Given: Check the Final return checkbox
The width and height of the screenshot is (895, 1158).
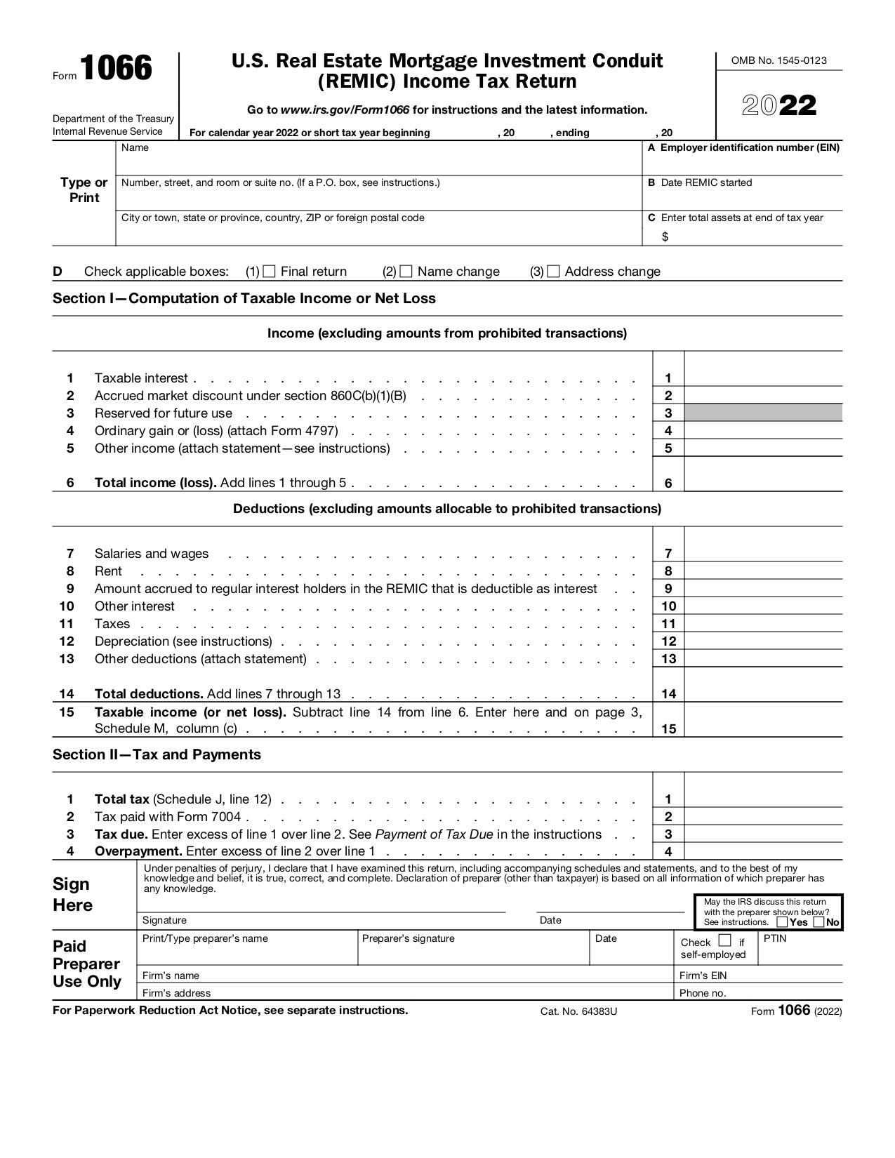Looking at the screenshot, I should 269,272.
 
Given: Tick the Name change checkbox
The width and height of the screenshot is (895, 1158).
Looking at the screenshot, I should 406,272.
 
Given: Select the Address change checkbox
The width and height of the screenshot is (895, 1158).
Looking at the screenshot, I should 553,272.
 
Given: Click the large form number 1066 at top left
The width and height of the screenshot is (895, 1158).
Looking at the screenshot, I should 116,69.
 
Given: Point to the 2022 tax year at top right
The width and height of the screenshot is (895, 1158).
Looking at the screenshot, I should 779,106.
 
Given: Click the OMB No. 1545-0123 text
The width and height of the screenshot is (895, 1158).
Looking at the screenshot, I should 778,60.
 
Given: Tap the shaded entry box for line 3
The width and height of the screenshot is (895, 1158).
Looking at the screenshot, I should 763,413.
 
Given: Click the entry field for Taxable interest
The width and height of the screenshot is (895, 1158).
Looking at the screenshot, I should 763,378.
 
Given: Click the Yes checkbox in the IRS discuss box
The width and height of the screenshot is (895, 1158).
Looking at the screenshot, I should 782,922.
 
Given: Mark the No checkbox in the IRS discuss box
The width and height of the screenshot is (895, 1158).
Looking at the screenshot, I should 818,922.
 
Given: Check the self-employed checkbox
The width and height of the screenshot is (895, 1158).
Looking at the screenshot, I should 725,940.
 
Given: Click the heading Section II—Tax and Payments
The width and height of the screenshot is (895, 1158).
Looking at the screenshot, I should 157,754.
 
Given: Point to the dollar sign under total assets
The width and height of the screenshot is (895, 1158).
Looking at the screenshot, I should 665,237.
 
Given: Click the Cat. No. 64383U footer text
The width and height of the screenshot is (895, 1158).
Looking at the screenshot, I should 578,1011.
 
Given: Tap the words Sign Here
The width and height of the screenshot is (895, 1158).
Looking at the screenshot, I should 72,894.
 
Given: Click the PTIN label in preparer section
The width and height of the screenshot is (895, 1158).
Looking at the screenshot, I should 775,938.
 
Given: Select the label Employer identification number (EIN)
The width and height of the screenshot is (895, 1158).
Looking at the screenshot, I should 749,147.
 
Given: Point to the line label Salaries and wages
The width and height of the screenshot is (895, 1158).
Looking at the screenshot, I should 152,554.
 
